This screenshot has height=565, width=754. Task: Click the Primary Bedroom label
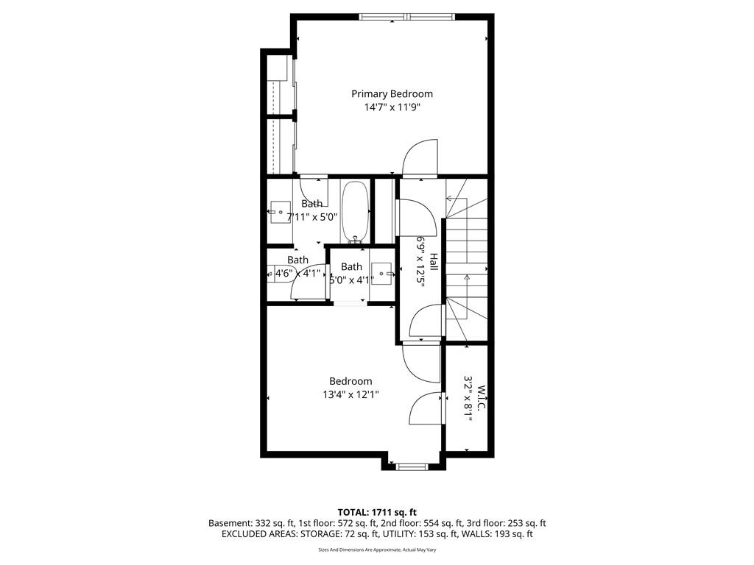tap(392, 93)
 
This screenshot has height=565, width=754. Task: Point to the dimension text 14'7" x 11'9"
tap(392, 107)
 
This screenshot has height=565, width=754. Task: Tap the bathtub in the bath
tap(356, 211)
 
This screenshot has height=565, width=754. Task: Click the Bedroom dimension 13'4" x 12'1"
tap(350, 395)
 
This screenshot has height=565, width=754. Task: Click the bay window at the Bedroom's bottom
tap(412, 466)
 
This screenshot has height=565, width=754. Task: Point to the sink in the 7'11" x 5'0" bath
tap(280, 213)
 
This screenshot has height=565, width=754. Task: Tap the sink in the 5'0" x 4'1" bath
tap(383, 274)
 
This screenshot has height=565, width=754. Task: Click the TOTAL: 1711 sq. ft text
tap(377, 512)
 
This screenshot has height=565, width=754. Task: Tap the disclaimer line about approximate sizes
tap(377, 550)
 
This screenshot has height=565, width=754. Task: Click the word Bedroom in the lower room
tap(350, 381)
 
